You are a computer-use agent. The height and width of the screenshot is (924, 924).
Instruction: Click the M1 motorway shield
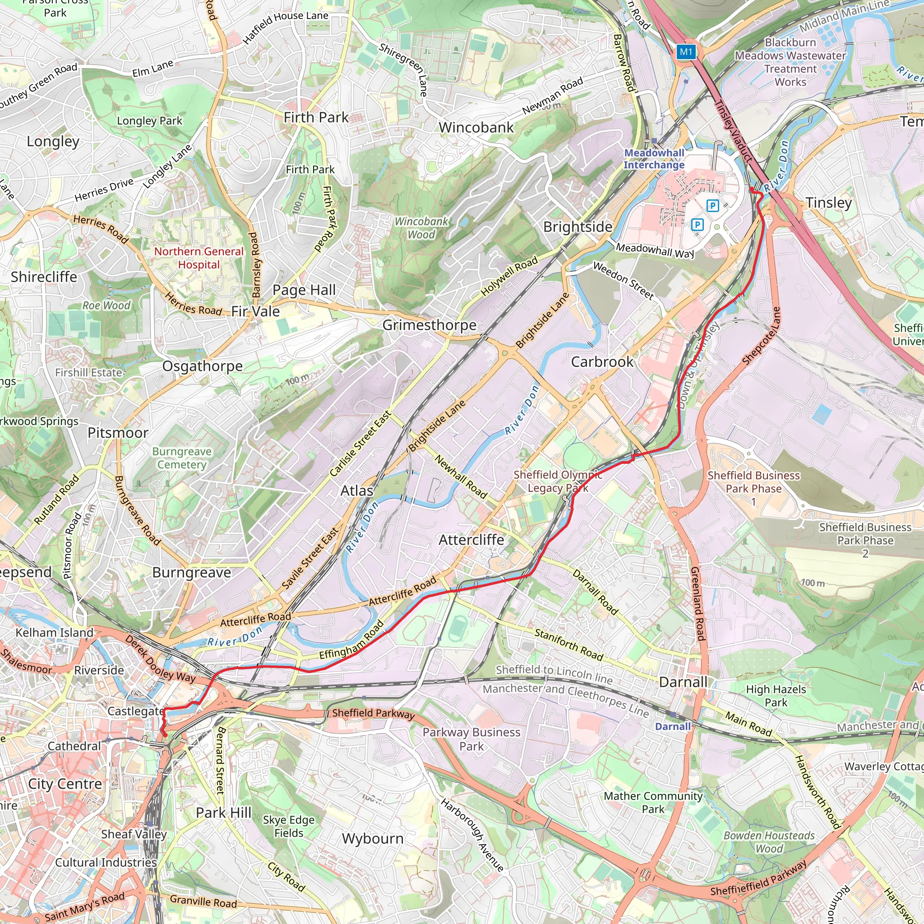tap(686, 51)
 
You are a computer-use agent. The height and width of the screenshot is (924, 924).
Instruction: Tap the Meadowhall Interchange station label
tap(654, 159)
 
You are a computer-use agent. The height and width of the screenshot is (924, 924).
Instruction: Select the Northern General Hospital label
tap(199, 258)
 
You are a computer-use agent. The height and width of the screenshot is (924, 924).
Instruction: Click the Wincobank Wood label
tap(421, 228)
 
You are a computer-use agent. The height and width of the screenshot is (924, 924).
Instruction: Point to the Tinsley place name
tap(828, 202)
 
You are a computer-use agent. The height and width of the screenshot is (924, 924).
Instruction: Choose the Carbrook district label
tap(602, 361)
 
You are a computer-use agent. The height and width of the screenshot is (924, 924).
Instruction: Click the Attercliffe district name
tap(471, 540)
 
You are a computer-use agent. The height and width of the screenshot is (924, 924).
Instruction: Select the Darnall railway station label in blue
tap(672, 726)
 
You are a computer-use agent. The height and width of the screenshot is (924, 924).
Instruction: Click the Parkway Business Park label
tap(471, 739)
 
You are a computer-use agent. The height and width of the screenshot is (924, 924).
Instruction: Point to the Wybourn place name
tap(373, 838)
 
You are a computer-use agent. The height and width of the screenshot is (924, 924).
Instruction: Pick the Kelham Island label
tap(55, 632)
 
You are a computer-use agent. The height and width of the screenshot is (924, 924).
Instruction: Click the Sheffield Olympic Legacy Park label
tap(558, 481)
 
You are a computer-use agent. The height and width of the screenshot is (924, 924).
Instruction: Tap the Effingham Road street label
tap(351, 639)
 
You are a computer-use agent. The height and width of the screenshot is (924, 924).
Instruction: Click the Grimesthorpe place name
tap(429, 325)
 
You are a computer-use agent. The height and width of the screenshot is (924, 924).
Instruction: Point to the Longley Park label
tap(149, 120)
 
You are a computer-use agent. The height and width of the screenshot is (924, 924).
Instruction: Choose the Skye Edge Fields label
tap(288, 826)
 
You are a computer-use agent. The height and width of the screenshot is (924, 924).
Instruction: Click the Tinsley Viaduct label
tap(733, 130)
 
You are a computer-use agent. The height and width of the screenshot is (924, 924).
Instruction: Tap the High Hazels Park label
tap(776, 695)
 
